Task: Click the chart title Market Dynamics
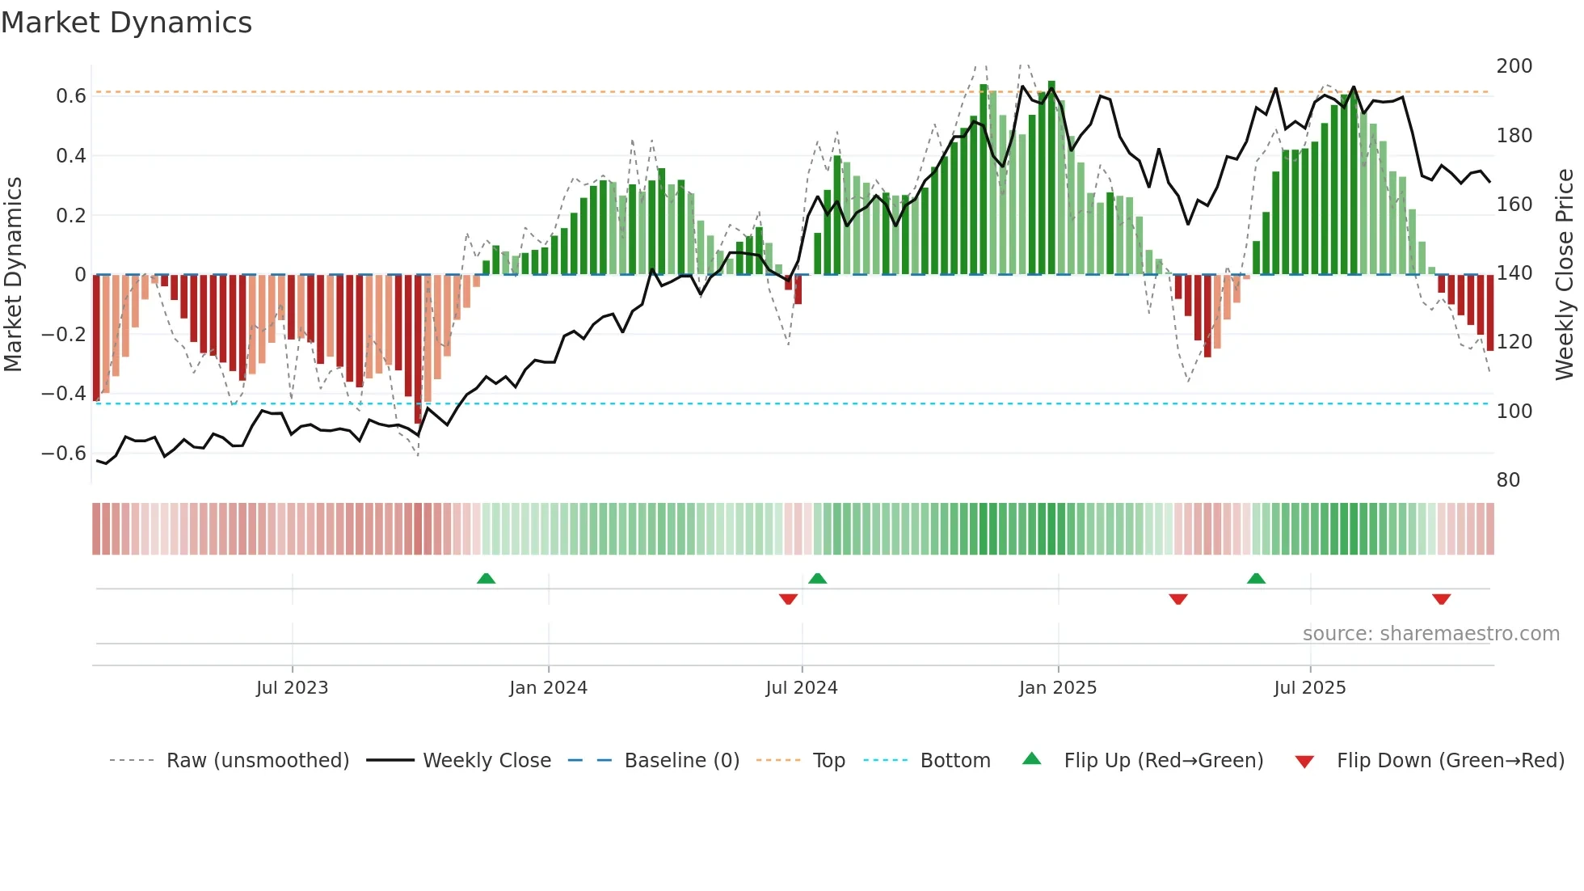tap(127, 23)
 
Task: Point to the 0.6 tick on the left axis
tap(71, 96)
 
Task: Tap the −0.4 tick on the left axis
tap(64, 394)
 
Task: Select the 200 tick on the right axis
tap(1514, 66)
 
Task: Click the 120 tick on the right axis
tap(1514, 342)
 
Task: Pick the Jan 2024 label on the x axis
tap(548, 688)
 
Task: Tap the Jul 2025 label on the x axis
tap(1309, 688)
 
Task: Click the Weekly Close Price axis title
tap(1565, 274)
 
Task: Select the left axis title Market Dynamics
tap(13, 274)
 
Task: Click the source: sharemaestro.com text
tap(1430, 634)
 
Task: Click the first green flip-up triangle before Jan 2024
tap(486, 579)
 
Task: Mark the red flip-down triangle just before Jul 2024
tap(788, 599)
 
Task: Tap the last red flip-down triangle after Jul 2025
tap(1441, 599)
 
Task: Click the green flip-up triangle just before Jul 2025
tap(1256, 579)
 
